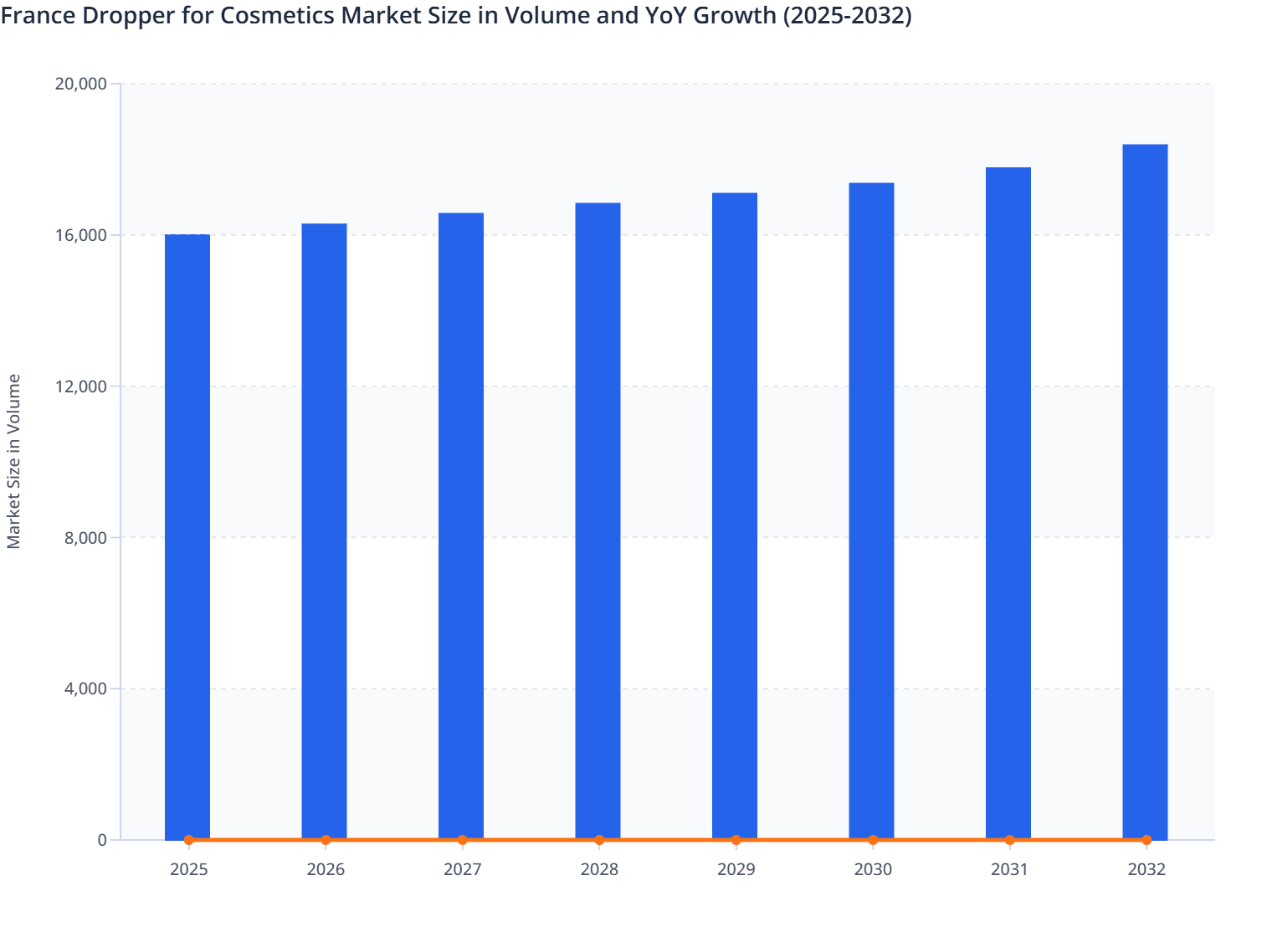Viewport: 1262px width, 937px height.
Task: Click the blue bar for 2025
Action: point(187,535)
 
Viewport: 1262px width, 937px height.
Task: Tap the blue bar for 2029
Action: point(735,515)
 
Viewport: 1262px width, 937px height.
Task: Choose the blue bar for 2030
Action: point(871,510)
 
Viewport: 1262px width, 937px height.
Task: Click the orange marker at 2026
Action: point(326,840)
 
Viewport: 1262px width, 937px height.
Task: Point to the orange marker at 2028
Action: point(599,840)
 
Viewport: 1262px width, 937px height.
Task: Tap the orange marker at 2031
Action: point(1009,840)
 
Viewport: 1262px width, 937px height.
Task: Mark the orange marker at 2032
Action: point(1147,840)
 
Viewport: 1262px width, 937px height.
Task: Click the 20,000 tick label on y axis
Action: point(80,84)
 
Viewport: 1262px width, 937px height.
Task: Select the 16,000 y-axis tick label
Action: point(80,235)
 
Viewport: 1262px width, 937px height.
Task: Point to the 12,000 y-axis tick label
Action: point(80,387)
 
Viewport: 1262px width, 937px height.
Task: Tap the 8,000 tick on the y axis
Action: point(85,538)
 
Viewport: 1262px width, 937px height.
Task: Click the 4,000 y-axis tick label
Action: point(85,689)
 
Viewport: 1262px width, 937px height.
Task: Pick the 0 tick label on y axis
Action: point(102,840)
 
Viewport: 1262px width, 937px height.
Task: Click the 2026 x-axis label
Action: point(326,869)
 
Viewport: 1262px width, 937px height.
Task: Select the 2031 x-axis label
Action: point(1009,869)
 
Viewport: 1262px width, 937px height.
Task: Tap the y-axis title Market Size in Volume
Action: point(13,461)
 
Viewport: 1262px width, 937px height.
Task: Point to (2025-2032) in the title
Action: point(847,15)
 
